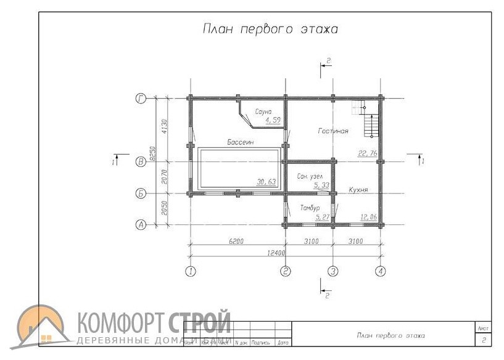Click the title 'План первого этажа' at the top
tap(270, 30)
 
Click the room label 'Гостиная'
tap(333, 131)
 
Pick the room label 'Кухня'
tap(358, 190)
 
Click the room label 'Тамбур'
tap(310, 208)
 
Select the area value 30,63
tap(266, 181)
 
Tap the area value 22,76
tap(368, 153)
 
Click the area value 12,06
tap(368, 217)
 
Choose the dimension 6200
tap(235, 242)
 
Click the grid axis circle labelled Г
tap(141, 99)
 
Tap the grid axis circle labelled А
tap(141, 225)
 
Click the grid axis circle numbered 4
tap(381, 271)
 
